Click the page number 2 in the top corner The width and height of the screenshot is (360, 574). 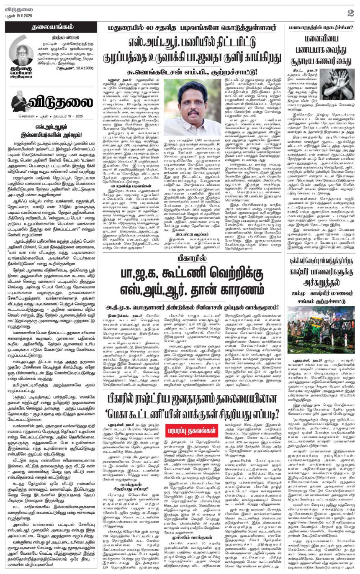click(x=350, y=12)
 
